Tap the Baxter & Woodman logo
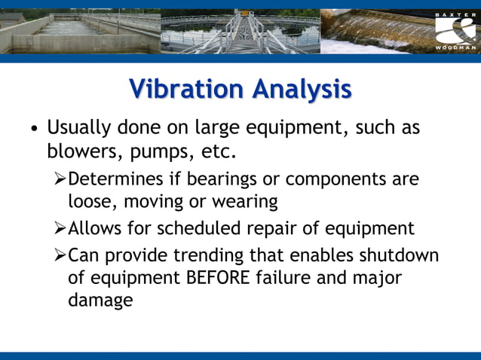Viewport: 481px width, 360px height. [x=455, y=31]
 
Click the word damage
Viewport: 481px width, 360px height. [x=100, y=301]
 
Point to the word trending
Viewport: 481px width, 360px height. [x=212, y=255]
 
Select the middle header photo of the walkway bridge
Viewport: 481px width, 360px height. [x=240, y=31]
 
